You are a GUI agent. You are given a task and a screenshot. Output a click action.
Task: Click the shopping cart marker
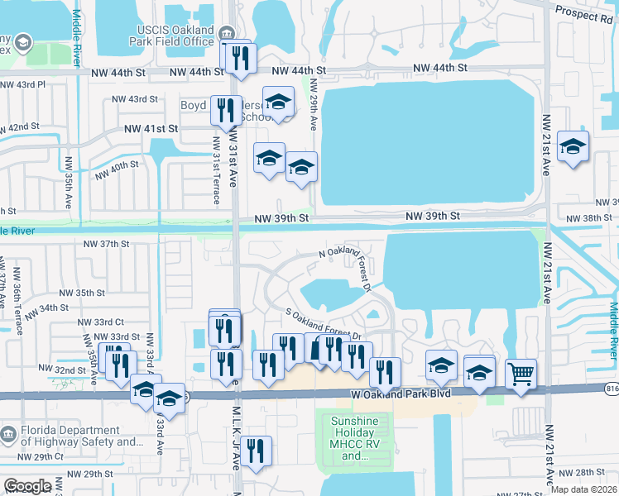tap(521, 374)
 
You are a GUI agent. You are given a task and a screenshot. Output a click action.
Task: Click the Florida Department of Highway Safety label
tap(79, 436)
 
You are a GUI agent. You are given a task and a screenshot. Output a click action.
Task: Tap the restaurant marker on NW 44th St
tap(238, 57)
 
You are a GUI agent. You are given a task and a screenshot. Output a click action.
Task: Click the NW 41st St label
tap(151, 129)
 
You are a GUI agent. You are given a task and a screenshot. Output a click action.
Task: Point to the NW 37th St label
tap(107, 244)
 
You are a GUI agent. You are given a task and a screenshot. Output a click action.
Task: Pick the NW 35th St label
tap(81, 293)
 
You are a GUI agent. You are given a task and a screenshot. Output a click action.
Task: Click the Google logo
tap(27, 486)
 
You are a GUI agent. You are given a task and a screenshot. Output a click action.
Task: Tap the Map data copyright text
tap(583, 489)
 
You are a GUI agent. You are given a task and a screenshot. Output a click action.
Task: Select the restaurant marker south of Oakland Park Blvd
tap(257, 451)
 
